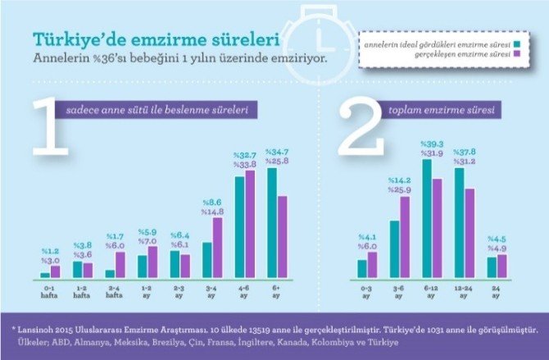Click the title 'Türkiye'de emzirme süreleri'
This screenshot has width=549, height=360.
[x=154, y=39]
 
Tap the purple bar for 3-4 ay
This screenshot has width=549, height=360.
[x=218, y=248]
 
